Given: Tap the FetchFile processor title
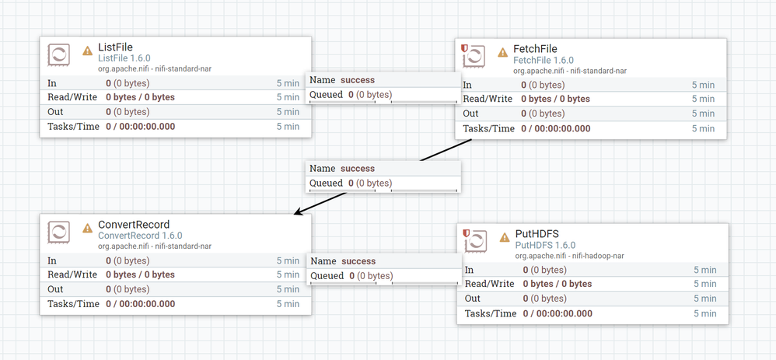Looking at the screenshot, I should [x=535, y=49].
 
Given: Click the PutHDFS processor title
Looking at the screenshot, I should [x=537, y=234].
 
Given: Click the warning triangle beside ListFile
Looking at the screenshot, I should [x=88, y=50].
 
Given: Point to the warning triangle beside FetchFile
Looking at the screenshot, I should [x=502, y=51].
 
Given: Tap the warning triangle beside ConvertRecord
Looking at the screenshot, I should [x=88, y=227].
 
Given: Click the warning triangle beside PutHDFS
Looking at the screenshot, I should [x=504, y=236].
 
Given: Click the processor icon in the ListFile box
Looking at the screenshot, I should [x=59, y=55].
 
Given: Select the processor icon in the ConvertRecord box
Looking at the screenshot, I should [x=59, y=232].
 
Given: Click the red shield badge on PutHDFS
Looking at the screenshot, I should [x=467, y=232].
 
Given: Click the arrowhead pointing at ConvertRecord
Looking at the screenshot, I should [x=298, y=211].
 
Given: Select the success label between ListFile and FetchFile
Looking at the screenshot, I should [x=357, y=79].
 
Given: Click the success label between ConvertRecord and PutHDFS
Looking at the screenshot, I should [x=358, y=261].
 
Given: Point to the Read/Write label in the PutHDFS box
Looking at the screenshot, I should [x=490, y=284].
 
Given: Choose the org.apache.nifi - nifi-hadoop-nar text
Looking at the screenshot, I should [x=570, y=255].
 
